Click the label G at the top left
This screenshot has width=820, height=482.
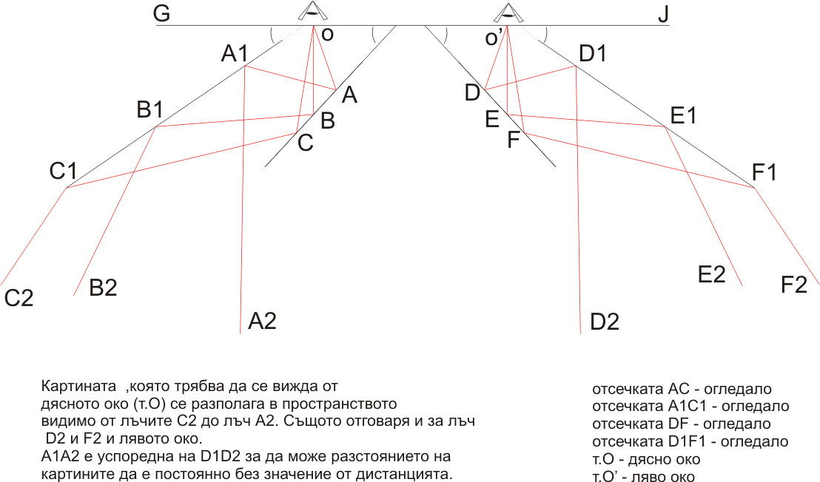(x=162, y=13)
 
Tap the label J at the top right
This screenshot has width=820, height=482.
(x=664, y=13)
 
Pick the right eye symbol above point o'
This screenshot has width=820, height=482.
(x=507, y=12)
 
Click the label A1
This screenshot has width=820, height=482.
(x=235, y=53)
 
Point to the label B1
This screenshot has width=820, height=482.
(x=149, y=109)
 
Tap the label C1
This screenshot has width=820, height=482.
(x=64, y=171)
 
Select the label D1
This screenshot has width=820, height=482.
(x=593, y=53)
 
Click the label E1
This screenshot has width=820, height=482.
(x=683, y=115)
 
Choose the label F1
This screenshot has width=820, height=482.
(x=764, y=172)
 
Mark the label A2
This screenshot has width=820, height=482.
(x=262, y=321)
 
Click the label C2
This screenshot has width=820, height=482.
(x=19, y=298)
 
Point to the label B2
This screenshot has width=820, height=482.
(x=103, y=288)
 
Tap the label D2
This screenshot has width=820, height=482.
(x=605, y=322)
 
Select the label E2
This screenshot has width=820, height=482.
(x=712, y=274)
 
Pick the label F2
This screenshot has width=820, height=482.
(x=794, y=285)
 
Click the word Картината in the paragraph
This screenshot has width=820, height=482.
(x=78, y=386)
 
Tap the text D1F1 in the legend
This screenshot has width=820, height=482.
(x=688, y=441)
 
